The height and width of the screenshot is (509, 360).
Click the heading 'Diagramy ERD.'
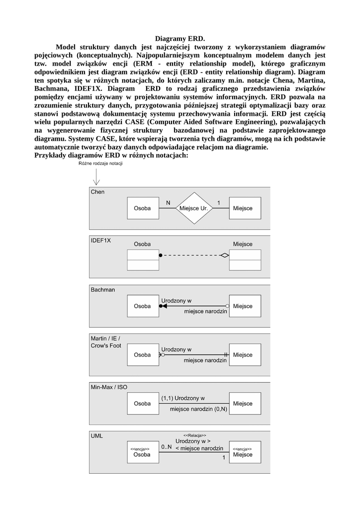[180, 38]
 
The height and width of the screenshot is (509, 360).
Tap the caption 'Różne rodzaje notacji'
[100, 164]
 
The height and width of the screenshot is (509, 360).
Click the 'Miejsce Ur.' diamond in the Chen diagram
[193, 209]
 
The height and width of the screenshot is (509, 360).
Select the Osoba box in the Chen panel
[142, 209]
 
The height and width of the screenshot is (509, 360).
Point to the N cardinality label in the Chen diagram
[168, 203]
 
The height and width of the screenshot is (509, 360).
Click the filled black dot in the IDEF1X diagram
[161, 255]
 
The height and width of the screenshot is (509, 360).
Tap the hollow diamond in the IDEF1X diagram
[225, 255]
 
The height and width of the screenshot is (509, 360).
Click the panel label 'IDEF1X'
[100, 240]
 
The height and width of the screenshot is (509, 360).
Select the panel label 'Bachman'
[102, 289]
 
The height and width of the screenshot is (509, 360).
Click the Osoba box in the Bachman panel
[142, 306]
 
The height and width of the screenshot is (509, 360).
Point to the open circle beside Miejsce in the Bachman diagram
[227, 306]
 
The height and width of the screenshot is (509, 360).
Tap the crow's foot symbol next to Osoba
[161, 355]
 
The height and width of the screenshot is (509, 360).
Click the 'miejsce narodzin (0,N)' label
[198, 409]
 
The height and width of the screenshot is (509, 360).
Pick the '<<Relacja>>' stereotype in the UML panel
[195, 435]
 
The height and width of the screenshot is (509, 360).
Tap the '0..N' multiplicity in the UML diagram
[167, 447]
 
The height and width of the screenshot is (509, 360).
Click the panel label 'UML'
[96, 436]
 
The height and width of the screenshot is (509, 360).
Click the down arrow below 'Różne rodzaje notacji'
[96, 178]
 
